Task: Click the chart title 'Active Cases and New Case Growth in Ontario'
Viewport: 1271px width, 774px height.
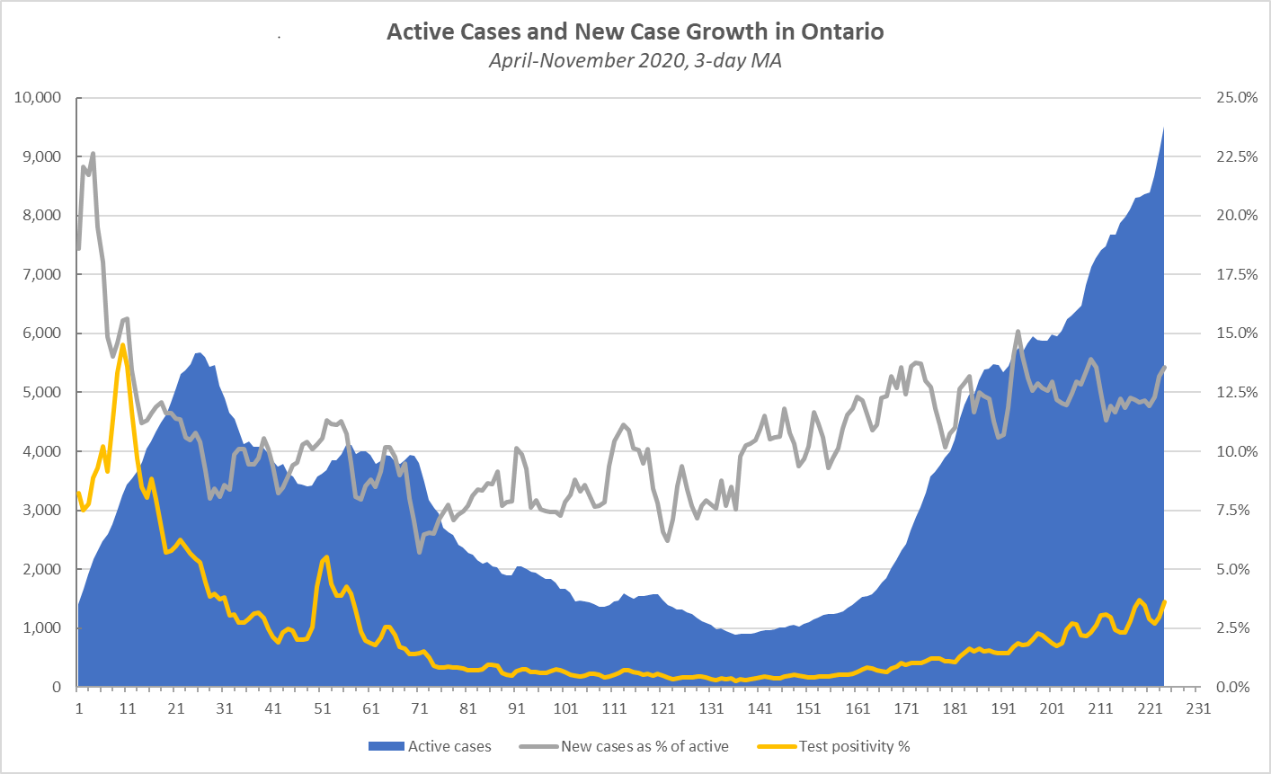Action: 635,32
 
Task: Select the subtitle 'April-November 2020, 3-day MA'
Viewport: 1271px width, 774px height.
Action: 635,61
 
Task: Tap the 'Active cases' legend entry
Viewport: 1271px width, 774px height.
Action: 449,746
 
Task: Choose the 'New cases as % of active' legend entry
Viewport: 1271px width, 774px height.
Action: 644,746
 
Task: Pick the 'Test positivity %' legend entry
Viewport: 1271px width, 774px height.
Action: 854,746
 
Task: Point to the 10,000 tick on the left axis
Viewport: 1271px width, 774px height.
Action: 37,98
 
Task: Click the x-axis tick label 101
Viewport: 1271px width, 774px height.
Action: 565,708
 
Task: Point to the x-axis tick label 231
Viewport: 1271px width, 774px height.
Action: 1198,708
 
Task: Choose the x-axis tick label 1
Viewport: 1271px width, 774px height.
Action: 79,708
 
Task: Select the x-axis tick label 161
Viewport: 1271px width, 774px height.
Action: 858,708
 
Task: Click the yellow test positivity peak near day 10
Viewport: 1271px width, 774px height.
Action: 122,345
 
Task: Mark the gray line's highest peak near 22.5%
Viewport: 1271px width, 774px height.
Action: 93,154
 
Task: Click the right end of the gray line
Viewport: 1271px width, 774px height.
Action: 1165,367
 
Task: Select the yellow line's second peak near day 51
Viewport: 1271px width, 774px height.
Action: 326,557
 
